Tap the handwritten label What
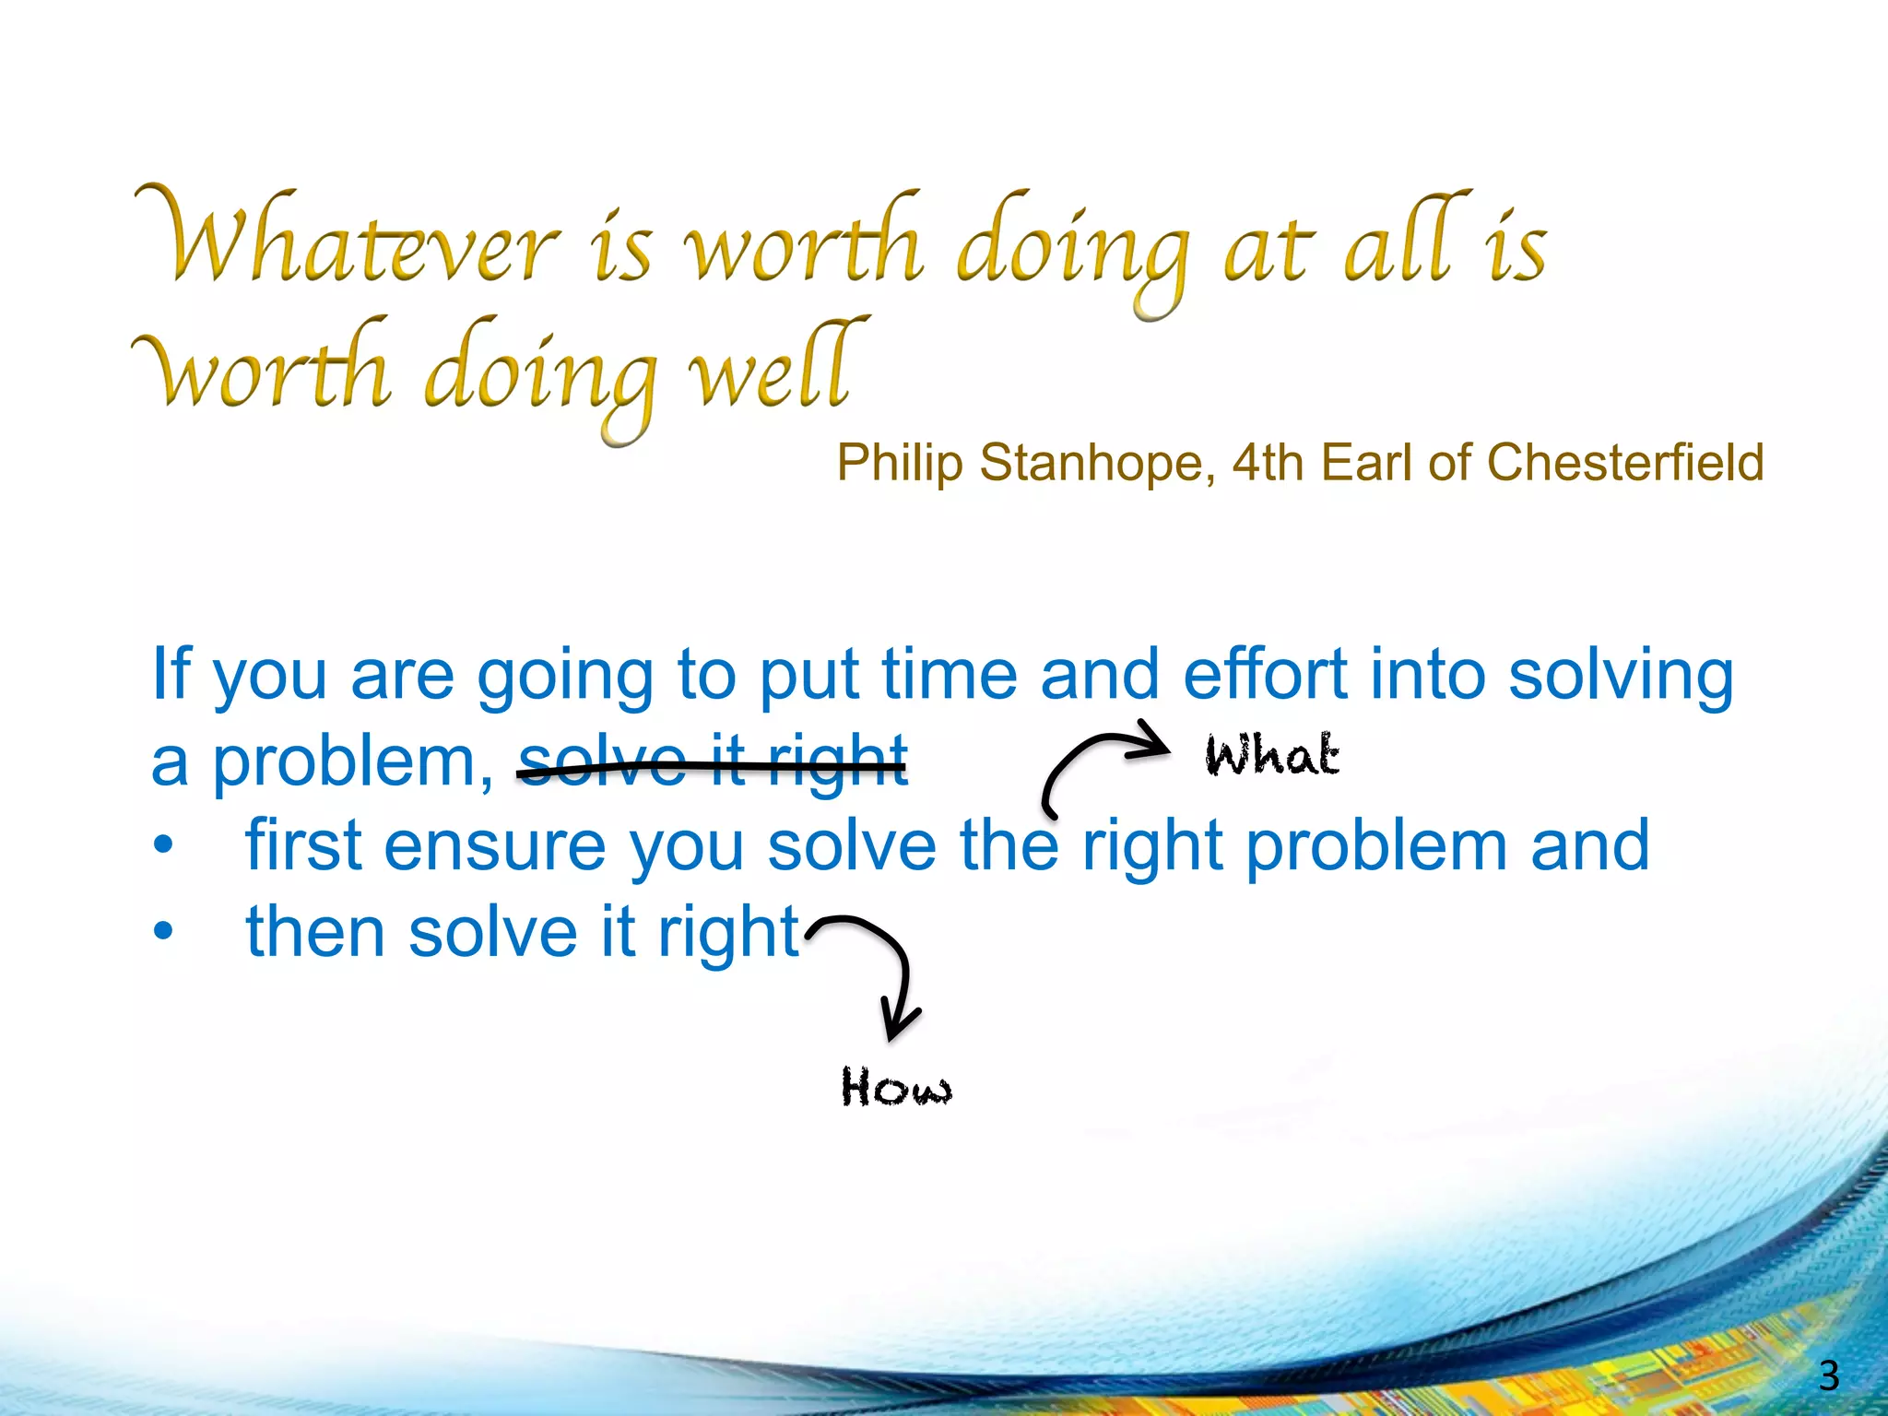click(x=1271, y=755)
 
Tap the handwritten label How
click(x=895, y=1087)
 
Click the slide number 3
click(x=1829, y=1375)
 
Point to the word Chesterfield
click(x=1625, y=463)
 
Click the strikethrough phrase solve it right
click(x=713, y=762)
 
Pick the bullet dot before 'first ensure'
click(x=163, y=845)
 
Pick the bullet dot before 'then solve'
click(x=163, y=932)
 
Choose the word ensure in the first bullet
click(x=494, y=845)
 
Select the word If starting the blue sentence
click(x=171, y=674)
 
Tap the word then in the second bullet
click(x=314, y=932)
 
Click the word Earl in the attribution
click(x=1365, y=463)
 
